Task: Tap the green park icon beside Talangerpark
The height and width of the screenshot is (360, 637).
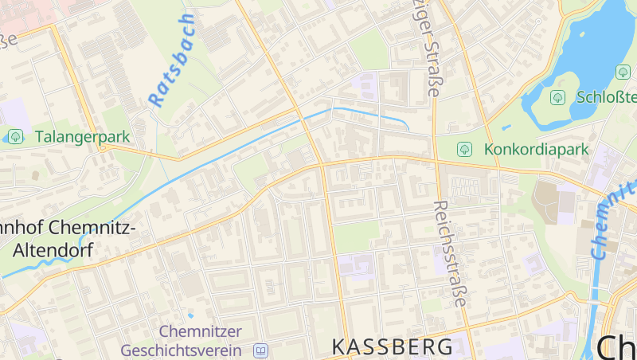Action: tap(16, 136)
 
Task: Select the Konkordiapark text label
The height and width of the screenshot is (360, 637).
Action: tap(535, 149)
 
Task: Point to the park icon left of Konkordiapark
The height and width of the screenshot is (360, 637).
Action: tap(464, 149)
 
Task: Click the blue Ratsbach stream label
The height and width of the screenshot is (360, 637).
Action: tap(171, 61)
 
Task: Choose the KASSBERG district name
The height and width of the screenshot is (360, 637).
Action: tap(393, 346)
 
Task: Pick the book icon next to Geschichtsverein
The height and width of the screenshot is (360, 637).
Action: tap(261, 350)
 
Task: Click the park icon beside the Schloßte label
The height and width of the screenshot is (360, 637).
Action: tap(557, 97)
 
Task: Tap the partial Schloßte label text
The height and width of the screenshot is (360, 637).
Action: tap(605, 97)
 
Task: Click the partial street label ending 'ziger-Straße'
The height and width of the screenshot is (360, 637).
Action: tap(427, 48)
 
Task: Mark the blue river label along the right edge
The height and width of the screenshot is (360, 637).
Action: tap(609, 223)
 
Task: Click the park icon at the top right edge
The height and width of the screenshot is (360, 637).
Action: tap(623, 72)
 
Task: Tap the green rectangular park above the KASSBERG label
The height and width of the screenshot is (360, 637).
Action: tap(355, 237)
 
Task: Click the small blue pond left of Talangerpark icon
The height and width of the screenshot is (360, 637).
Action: tap(4, 137)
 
